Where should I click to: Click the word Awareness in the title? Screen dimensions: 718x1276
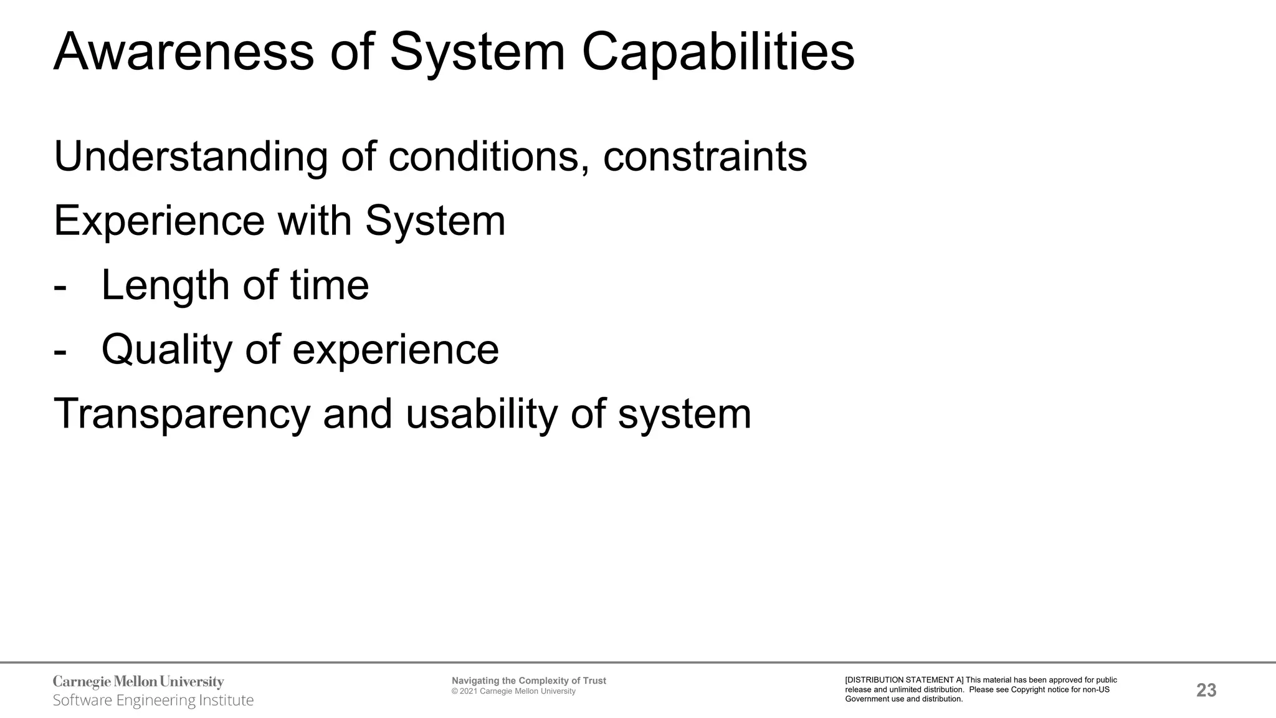click(x=184, y=52)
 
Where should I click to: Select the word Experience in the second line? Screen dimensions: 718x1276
click(x=159, y=221)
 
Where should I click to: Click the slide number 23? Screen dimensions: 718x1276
click(x=1206, y=690)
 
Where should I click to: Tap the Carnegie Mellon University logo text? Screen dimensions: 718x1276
click(x=138, y=682)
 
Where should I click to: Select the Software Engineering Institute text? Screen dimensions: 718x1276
click(x=153, y=701)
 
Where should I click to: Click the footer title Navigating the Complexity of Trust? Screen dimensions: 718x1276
click(x=528, y=681)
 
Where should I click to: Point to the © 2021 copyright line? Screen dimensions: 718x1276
click(x=513, y=691)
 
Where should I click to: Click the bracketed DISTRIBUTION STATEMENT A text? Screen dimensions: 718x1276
click(x=904, y=680)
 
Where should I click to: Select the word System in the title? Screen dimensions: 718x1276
click(x=477, y=52)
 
